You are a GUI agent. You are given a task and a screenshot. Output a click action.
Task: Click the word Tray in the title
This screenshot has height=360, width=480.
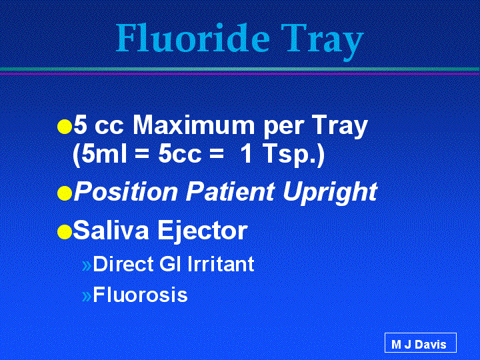click(323, 41)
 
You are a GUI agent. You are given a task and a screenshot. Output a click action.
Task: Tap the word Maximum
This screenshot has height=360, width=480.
click(193, 125)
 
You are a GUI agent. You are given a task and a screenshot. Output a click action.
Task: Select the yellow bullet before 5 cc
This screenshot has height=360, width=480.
click(65, 127)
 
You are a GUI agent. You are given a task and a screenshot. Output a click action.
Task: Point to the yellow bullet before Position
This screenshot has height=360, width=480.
click(65, 193)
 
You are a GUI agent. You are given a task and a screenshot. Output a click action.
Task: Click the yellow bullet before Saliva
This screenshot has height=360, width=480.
click(65, 232)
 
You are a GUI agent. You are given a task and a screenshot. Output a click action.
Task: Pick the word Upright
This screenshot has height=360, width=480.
click(330, 193)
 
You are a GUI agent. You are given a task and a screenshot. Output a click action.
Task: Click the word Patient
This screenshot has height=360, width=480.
click(230, 191)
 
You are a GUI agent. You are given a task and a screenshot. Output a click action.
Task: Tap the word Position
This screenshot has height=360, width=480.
click(126, 191)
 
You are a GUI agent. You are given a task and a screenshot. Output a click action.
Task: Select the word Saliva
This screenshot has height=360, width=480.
click(111, 230)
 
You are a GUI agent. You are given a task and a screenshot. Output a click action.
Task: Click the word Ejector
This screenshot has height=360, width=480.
click(203, 231)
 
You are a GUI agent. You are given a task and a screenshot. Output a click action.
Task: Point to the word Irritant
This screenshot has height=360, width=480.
click(221, 263)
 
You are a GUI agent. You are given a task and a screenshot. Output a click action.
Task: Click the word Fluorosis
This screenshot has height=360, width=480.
click(140, 295)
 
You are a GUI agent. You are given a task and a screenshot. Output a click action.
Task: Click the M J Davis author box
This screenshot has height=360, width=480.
click(421, 343)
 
